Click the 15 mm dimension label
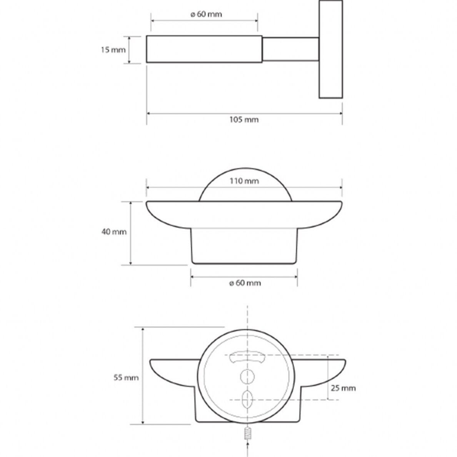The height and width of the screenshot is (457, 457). point(113,50)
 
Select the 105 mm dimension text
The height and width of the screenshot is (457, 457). point(244,120)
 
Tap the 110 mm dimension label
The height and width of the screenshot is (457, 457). point(244,181)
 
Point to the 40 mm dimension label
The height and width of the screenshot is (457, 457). point(114,232)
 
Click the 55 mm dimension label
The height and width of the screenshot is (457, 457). point(126,378)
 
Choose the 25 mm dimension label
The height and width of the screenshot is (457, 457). point(344,388)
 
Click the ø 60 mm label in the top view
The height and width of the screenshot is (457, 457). point(206,14)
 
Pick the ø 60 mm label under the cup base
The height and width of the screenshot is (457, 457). point(245,283)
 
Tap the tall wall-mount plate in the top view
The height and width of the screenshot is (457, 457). point(331,49)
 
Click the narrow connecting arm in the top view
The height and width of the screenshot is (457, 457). point(290,49)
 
